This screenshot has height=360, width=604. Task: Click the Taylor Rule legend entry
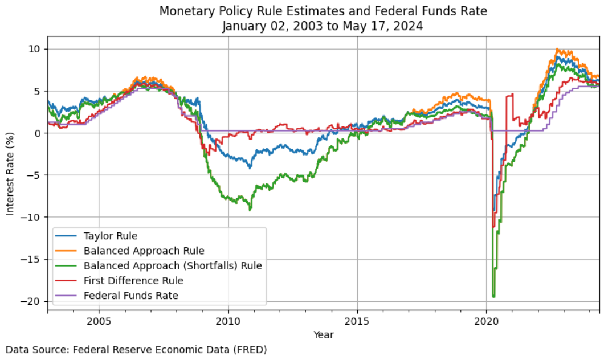point(111,235)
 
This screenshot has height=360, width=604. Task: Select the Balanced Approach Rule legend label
point(144,251)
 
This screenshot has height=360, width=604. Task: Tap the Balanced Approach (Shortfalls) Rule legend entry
point(173,265)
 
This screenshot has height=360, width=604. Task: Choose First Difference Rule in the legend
point(133,281)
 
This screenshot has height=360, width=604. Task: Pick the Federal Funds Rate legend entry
point(130,296)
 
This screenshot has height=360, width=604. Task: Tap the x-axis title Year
point(324,335)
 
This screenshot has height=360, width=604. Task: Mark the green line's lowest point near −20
point(493,296)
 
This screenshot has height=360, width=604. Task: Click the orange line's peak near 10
point(557,50)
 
